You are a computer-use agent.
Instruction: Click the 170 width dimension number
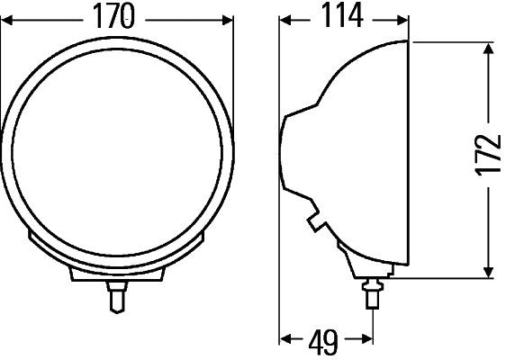coord(118,15)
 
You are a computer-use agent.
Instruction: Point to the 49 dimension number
coord(323,341)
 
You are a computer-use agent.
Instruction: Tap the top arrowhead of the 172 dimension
coord(489,49)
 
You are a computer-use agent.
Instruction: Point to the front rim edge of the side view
coord(410,157)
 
